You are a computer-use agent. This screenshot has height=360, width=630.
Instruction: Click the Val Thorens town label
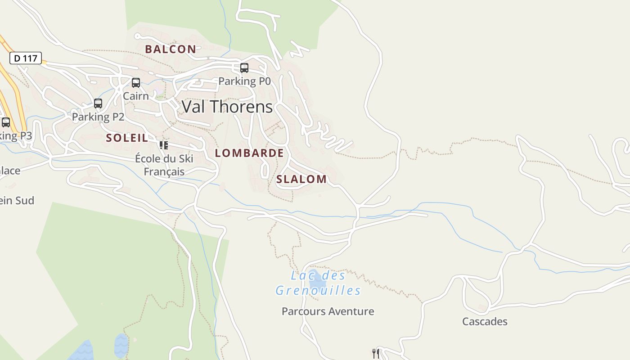pos(227,107)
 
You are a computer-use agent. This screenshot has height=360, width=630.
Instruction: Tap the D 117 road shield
pos(26,58)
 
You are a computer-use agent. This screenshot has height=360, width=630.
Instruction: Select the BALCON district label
pos(171,49)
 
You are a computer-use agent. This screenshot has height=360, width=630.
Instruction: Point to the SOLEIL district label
pos(127,138)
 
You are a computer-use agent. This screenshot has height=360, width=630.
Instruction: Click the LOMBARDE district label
pos(249,153)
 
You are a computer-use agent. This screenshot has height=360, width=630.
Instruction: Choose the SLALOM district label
pos(301,179)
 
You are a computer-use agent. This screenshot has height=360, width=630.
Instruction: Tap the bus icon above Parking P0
pos(244,68)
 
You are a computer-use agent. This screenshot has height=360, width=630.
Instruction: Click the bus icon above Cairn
pos(135,83)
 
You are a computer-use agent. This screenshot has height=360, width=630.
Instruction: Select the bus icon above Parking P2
pos(98,103)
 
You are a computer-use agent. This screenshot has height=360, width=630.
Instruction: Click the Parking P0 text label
pos(244,81)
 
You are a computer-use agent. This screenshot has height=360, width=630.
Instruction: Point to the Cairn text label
pos(135,96)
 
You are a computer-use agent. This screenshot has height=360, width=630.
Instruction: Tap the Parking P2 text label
pos(98,117)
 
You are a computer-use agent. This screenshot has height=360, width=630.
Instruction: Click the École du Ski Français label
pos(164,165)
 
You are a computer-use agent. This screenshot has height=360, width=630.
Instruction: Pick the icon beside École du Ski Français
pos(163,145)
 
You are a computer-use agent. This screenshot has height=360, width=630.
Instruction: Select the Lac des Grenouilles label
pos(318,283)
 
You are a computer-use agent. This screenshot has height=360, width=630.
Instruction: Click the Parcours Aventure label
pos(328,311)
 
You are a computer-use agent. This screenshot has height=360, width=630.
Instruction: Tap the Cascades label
pos(485,321)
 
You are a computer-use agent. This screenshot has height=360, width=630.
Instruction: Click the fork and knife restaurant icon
pos(376,353)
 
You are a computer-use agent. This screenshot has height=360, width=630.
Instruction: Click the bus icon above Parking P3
pos(6,122)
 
